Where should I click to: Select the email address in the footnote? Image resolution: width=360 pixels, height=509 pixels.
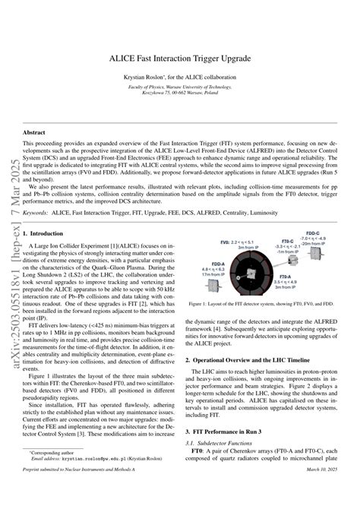pos(91,481)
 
